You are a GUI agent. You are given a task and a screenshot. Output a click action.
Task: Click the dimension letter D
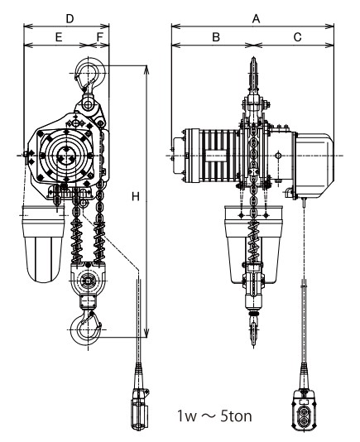pyautogui.click(x=70, y=19)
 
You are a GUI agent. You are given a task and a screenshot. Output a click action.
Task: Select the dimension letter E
pyautogui.click(x=59, y=37)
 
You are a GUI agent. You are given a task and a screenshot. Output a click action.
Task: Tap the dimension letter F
pyautogui.click(x=100, y=37)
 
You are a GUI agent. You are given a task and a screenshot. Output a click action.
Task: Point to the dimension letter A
pyautogui.click(x=256, y=19)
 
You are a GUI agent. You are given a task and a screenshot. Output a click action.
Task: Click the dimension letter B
pyautogui.click(x=216, y=37)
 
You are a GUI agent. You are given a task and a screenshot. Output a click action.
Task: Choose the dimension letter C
pyautogui.click(x=297, y=37)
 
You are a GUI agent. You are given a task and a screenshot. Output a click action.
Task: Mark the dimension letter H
pyautogui.click(x=136, y=196)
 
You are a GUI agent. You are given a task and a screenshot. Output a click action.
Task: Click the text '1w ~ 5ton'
pyautogui.click(x=214, y=416)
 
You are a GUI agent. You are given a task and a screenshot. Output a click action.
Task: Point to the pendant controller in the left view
pyautogui.click(x=139, y=409)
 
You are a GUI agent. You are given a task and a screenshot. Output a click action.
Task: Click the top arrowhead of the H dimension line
pyautogui.click(x=146, y=69)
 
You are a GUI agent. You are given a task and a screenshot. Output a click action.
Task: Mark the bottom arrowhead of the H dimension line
pyautogui.click(x=146, y=334)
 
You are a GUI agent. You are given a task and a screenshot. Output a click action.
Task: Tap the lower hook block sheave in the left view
pyautogui.click(x=88, y=281)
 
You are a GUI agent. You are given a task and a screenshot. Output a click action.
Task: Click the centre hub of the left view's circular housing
pyautogui.click(x=66, y=156)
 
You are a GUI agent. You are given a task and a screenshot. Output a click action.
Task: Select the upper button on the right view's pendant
pyautogui.click(x=304, y=412)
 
